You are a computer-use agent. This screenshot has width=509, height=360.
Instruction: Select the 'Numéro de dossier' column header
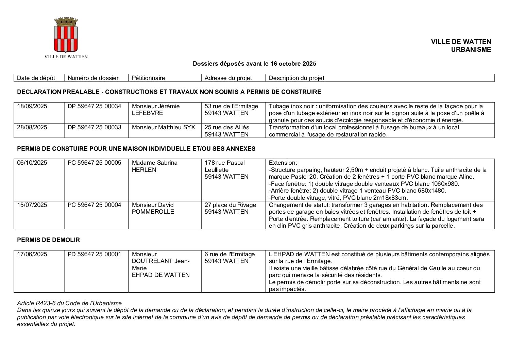pos(93,78)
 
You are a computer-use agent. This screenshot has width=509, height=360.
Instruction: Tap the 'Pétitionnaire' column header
pos(148,78)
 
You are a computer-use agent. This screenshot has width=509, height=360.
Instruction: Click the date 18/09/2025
pos(32,106)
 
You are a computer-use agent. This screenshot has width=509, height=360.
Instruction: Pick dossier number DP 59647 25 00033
pos(94,127)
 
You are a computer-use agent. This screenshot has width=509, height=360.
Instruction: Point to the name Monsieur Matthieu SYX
pos(163,127)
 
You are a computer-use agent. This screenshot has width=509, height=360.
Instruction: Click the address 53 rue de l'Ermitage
pos(231,106)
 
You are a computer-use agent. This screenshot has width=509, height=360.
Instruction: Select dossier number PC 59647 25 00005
pos(94,163)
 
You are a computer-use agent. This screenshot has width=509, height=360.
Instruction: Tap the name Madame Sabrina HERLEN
pos(154,166)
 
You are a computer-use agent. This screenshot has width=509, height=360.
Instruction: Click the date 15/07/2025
pos(32,205)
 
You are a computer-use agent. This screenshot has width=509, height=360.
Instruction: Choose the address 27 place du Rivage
pos(230,205)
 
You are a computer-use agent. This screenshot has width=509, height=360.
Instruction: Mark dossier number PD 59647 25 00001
pos(94,254)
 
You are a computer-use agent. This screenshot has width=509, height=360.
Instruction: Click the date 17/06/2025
pos(32,254)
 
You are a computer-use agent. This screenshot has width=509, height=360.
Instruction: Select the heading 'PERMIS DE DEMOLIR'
pos(48,240)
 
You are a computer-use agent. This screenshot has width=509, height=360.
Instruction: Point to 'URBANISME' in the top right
pos(471,50)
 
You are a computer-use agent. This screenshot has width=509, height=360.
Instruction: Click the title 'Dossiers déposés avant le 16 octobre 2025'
pos(254,64)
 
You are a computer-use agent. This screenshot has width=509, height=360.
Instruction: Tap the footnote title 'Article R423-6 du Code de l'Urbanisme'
pos(69,303)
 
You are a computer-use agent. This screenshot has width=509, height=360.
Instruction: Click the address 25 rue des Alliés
pos(227,127)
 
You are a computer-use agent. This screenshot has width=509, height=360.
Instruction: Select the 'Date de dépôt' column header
pos(36,78)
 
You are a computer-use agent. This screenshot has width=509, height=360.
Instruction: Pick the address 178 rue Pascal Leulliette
pos(224,166)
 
